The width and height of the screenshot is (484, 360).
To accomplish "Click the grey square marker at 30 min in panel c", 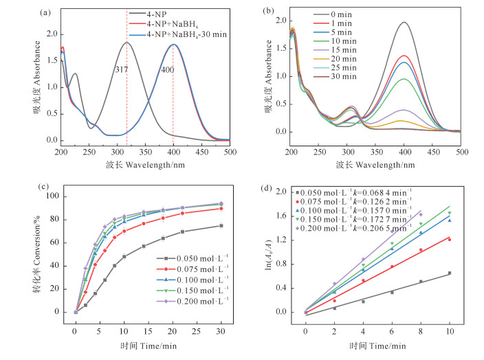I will coord(221,226).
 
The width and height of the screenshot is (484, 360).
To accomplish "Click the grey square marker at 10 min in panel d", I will coord(450,273).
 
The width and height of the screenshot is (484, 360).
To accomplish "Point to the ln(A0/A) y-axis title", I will coord(265,254).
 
